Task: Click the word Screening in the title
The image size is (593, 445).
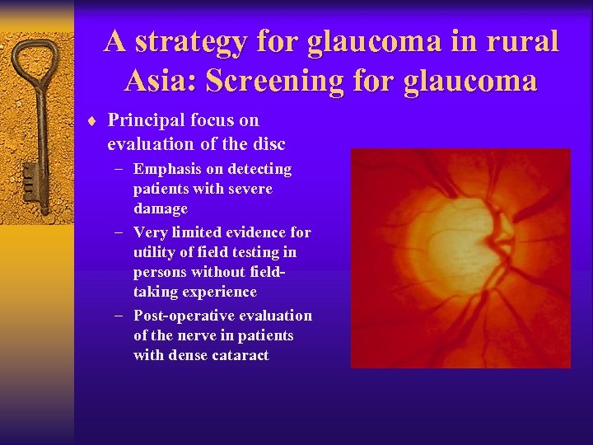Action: [x=292, y=81]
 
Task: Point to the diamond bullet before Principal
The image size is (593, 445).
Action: [x=92, y=121]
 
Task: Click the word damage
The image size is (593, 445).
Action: [x=161, y=208]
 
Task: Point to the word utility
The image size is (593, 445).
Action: [x=155, y=252]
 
